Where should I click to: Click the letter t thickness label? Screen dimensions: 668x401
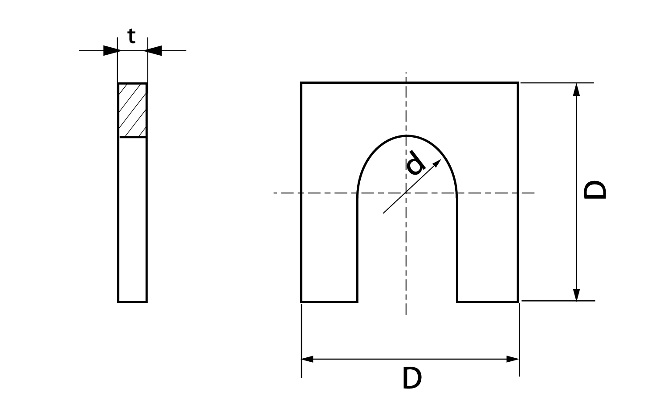point(131,36)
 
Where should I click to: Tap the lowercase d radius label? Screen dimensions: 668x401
point(415,163)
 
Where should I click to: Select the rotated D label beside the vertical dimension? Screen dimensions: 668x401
point(595,190)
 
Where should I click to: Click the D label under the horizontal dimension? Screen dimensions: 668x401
point(412,378)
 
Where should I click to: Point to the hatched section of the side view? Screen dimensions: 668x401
point(132,110)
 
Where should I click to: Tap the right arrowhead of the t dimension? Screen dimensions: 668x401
point(153,51)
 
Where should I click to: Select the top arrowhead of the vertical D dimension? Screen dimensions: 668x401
point(576,90)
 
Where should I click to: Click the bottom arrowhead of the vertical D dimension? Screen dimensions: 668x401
point(576,295)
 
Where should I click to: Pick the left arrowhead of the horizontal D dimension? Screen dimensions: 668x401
point(307,359)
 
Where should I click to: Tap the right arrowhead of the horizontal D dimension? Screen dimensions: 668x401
point(513,359)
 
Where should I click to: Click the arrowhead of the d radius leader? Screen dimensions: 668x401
point(438,163)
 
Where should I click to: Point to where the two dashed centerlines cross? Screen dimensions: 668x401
point(406,193)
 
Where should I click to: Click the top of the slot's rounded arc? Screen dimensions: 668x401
point(406,136)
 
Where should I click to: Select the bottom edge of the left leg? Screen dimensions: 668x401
point(329,302)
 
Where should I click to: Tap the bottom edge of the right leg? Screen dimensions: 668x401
point(488,302)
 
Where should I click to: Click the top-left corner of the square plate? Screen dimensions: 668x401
point(301,82)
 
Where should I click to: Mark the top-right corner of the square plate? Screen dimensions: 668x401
point(518,82)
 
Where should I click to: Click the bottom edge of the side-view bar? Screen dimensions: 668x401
point(132,302)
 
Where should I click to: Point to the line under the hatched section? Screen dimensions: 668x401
point(133,137)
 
